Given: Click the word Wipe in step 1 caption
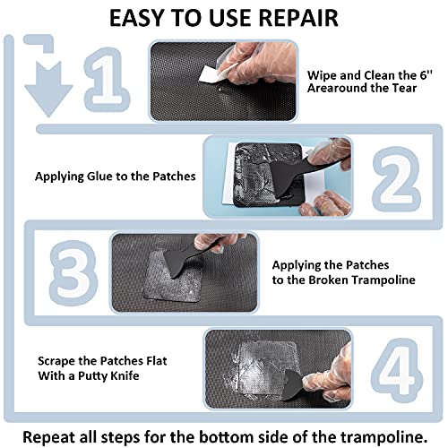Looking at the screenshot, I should coord(322,76).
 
